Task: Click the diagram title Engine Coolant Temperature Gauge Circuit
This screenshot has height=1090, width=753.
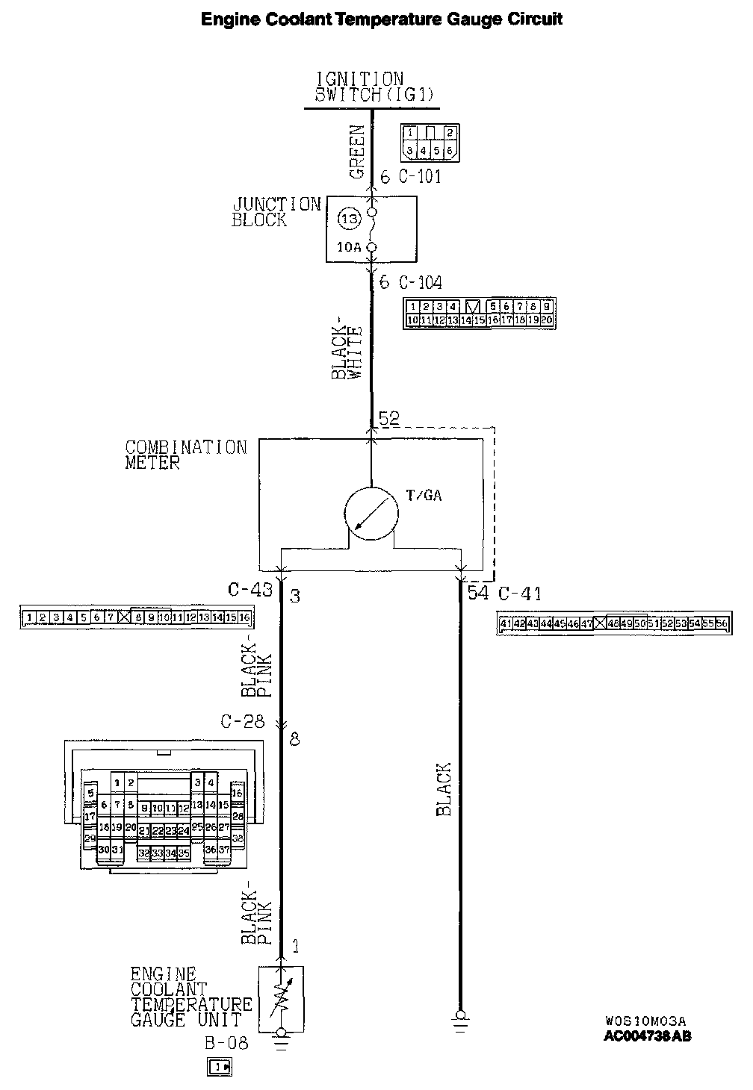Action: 381,19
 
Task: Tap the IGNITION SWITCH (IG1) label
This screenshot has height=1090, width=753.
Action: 371,87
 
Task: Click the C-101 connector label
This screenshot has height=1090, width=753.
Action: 420,177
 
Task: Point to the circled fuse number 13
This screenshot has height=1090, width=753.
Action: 349,219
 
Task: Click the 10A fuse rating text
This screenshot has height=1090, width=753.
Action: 349,247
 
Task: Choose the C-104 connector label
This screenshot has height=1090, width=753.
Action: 420,283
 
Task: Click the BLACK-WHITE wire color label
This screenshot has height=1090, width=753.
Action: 347,352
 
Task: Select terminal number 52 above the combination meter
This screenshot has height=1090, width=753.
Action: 389,419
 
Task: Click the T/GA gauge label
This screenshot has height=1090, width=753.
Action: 424,495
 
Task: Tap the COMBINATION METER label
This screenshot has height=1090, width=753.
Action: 185,455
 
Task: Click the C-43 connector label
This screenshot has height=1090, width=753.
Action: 250,591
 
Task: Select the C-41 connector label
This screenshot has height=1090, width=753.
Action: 520,594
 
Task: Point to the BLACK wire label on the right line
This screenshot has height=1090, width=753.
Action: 444,789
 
